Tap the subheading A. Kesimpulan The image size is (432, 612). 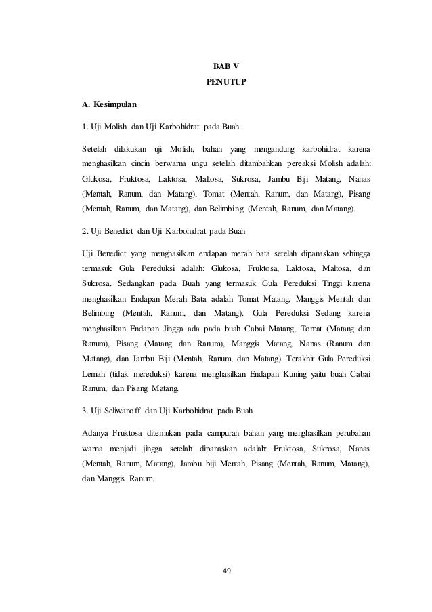coord(108,105)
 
